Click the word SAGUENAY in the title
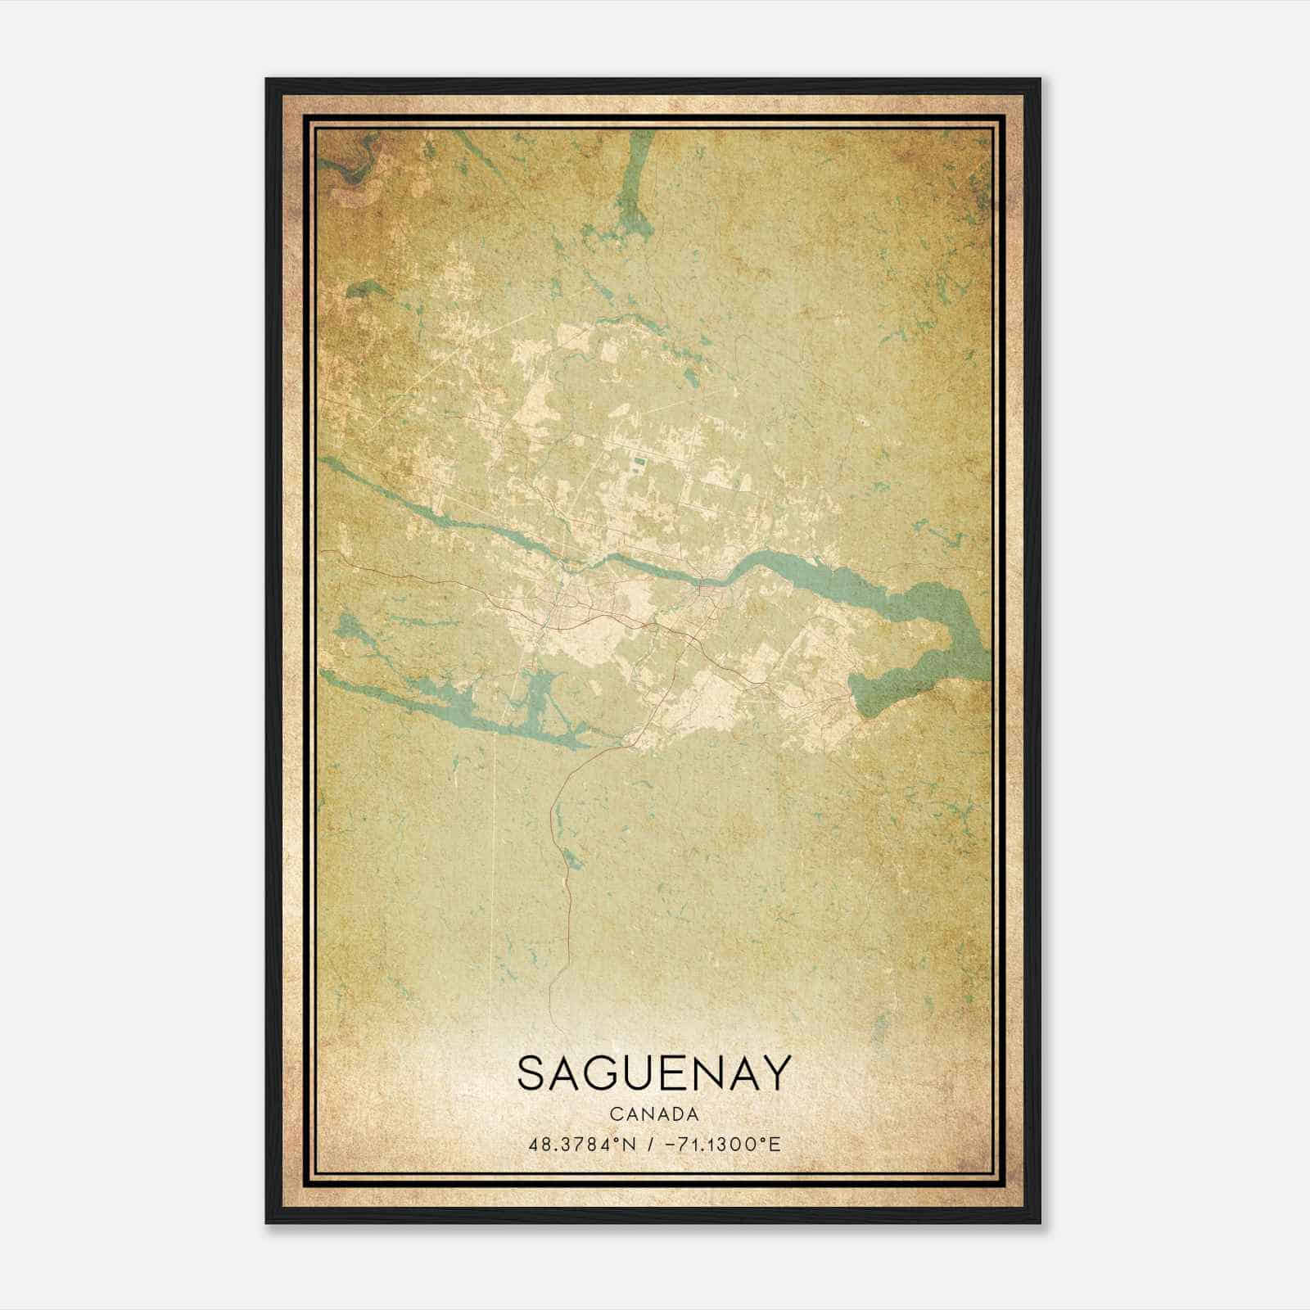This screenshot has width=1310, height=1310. [654, 1073]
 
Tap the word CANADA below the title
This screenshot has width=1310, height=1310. [654, 1114]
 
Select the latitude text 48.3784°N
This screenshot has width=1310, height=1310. [583, 1144]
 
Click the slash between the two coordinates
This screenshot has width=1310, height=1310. [651, 1144]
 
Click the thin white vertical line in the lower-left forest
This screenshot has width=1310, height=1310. [495, 860]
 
